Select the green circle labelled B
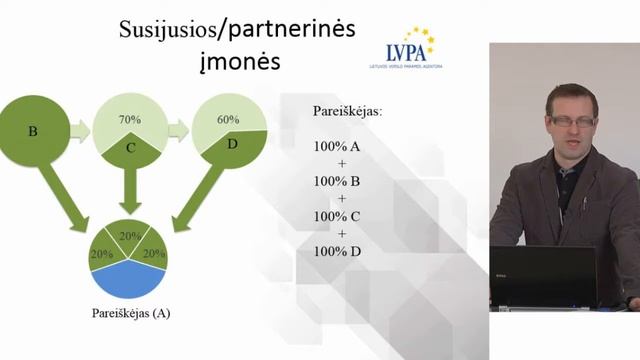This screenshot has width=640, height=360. click(x=34, y=130)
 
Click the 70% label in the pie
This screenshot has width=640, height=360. click(x=129, y=119)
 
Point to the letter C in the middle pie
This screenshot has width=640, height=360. click(x=130, y=149)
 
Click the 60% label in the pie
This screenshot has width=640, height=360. click(x=228, y=119)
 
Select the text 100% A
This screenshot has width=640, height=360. click(x=336, y=146)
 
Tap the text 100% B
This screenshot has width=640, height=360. click(x=336, y=181)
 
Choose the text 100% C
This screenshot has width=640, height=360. click(x=336, y=215)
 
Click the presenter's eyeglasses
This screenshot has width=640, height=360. click(x=572, y=121)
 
